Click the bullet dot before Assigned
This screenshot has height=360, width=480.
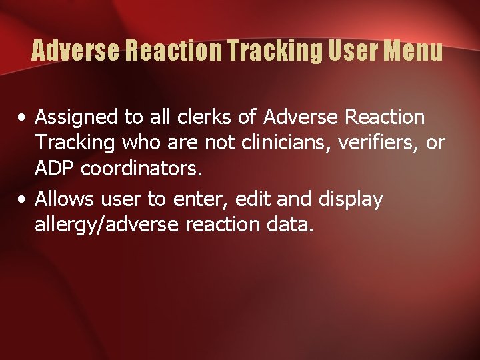(x=23, y=119)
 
